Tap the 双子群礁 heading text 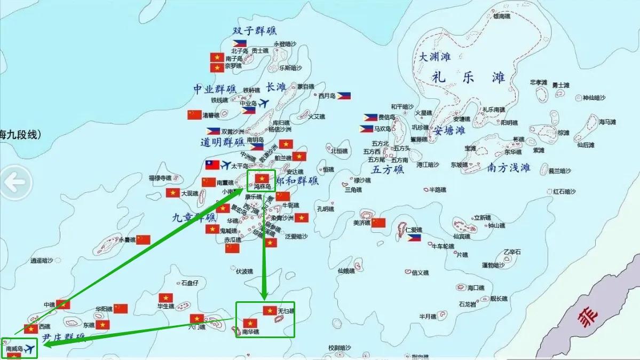click(x=255, y=31)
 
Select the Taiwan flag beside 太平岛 click(x=212, y=165)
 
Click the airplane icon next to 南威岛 click(x=30, y=349)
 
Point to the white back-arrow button click(x=14, y=182)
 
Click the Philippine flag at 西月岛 click(x=343, y=96)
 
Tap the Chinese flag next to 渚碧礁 click(x=194, y=114)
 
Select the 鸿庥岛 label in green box click(x=262, y=187)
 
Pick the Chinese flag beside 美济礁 click(x=378, y=222)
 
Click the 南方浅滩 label click(x=509, y=168)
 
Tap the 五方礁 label click(x=388, y=170)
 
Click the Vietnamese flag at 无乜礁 click(x=270, y=310)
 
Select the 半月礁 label click(x=428, y=316)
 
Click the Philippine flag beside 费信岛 click(x=370, y=117)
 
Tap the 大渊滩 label click(x=434, y=57)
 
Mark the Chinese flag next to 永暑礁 click(x=143, y=239)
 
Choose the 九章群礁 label click(x=194, y=217)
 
